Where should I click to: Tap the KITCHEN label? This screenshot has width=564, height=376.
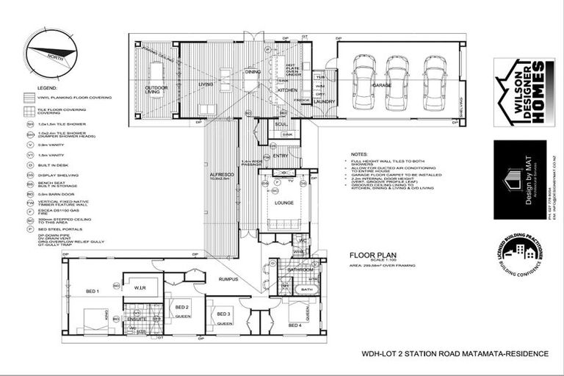click(x=286, y=90)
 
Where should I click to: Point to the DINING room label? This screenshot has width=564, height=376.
click(x=253, y=72)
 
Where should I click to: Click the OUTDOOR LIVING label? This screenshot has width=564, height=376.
click(x=156, y=90)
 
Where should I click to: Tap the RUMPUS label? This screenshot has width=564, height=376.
click(x=227, y=278)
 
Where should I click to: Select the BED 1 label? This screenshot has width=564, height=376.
click(x=93, y=292)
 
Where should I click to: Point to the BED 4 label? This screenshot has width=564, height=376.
click(x=294, y=325)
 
